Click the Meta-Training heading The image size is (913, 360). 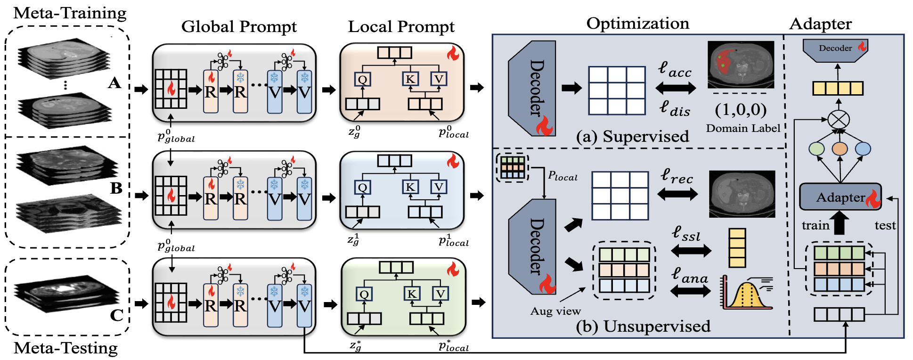tap(70, 13)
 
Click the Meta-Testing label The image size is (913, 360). tap(65, 348)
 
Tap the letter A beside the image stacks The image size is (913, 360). tap(114, 83)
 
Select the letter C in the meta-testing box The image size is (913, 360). tap(116, 315)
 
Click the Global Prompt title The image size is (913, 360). tap(239, 26)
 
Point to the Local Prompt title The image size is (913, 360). tap(401, 26)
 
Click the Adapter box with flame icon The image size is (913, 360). tap(840, 197)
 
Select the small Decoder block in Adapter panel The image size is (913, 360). tap(835, 49)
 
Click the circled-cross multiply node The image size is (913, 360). tap(839, 119)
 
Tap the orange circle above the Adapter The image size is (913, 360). tap(840, 149)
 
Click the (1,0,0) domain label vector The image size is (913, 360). tap(741, 110)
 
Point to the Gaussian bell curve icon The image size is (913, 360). tap(747, 293)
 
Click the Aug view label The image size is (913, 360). tap(555, 311)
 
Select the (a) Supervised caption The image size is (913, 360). tap(632, 137)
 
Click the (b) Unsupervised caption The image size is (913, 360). tap(643, 326)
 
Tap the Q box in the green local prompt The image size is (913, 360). tap(364, 295)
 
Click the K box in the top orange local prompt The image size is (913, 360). tap(410, 79)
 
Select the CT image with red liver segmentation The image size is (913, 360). tap(740, 64)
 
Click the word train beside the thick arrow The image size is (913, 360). tap(815, 225)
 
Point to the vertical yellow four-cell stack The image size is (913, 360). tap(737, 248)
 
